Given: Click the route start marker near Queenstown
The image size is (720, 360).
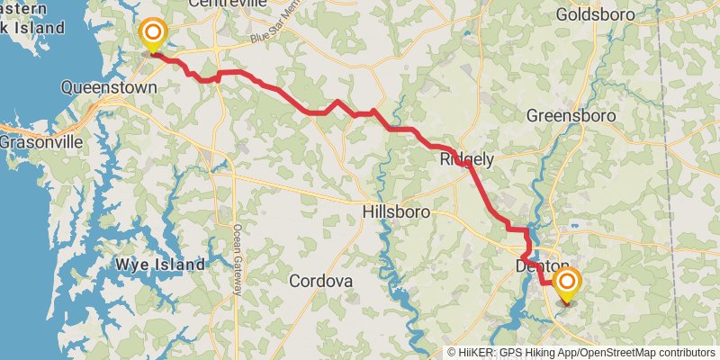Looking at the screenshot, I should click(153, 35).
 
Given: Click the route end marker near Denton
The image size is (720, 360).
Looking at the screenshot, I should click(567, 285).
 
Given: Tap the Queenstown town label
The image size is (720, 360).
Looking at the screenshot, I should click(109, 87).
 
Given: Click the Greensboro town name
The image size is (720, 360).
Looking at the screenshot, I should click(571, 116).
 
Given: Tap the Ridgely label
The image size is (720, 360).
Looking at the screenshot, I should click(466, 159).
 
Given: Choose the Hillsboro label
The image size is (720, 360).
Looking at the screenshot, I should click(395, 211).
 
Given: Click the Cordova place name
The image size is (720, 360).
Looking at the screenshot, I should click(320, 281).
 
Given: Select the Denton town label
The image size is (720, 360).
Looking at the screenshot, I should click(542, 266).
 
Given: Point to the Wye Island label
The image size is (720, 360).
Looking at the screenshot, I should click(159, 265).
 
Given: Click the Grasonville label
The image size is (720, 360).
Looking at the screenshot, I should click(41, 142).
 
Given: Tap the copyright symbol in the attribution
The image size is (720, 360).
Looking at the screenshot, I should click(453, 352).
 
